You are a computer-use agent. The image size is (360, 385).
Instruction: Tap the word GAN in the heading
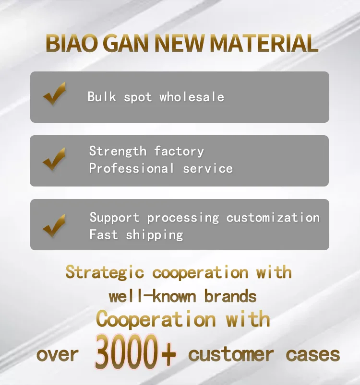click(127, 43)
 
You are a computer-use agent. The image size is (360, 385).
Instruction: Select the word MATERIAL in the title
click(264, 43)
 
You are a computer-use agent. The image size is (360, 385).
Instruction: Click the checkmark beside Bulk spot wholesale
click(55, 93)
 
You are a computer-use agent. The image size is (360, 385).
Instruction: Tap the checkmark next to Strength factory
click(54, 159)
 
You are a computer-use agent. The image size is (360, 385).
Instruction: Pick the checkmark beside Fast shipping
click(54, 226)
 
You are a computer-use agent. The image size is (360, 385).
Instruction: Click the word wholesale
click(192, 96)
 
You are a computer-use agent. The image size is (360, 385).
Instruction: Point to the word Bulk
click(101, 96)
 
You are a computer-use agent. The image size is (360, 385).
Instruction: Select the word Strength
click(118, 151)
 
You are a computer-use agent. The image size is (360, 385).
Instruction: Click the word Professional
click(132, 168)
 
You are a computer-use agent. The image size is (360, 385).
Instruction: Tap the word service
click(208, 169)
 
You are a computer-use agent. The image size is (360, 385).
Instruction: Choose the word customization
click(273, 218)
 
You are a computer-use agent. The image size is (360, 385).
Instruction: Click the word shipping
click(155, 235)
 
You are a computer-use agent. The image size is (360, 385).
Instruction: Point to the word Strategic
click(105, 272)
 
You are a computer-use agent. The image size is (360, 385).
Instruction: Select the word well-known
click(152, 296)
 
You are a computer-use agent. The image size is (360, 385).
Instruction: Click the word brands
click(230, 296)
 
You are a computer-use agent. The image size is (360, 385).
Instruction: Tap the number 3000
click(126, 352)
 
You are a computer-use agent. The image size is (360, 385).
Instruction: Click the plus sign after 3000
click(168, 354)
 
